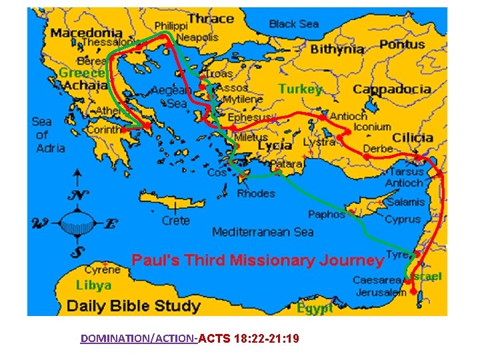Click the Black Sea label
[293, 24]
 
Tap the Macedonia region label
[87, 32]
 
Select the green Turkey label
[300, 89]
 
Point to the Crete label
[175, 220]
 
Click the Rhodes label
[256, 193]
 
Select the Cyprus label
[403, 219]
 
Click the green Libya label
[93, 285]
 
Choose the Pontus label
[402, 45]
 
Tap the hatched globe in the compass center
[79, 224]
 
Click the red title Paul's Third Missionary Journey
[257, 260]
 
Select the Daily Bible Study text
[133, 306]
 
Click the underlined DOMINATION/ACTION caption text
[137, 339]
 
